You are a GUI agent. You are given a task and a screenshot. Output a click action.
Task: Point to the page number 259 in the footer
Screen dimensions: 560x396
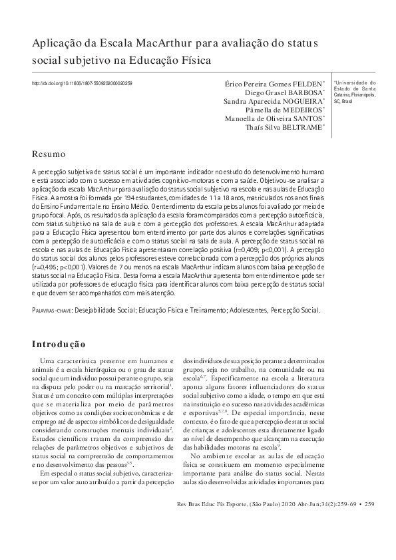coord(371,523)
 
